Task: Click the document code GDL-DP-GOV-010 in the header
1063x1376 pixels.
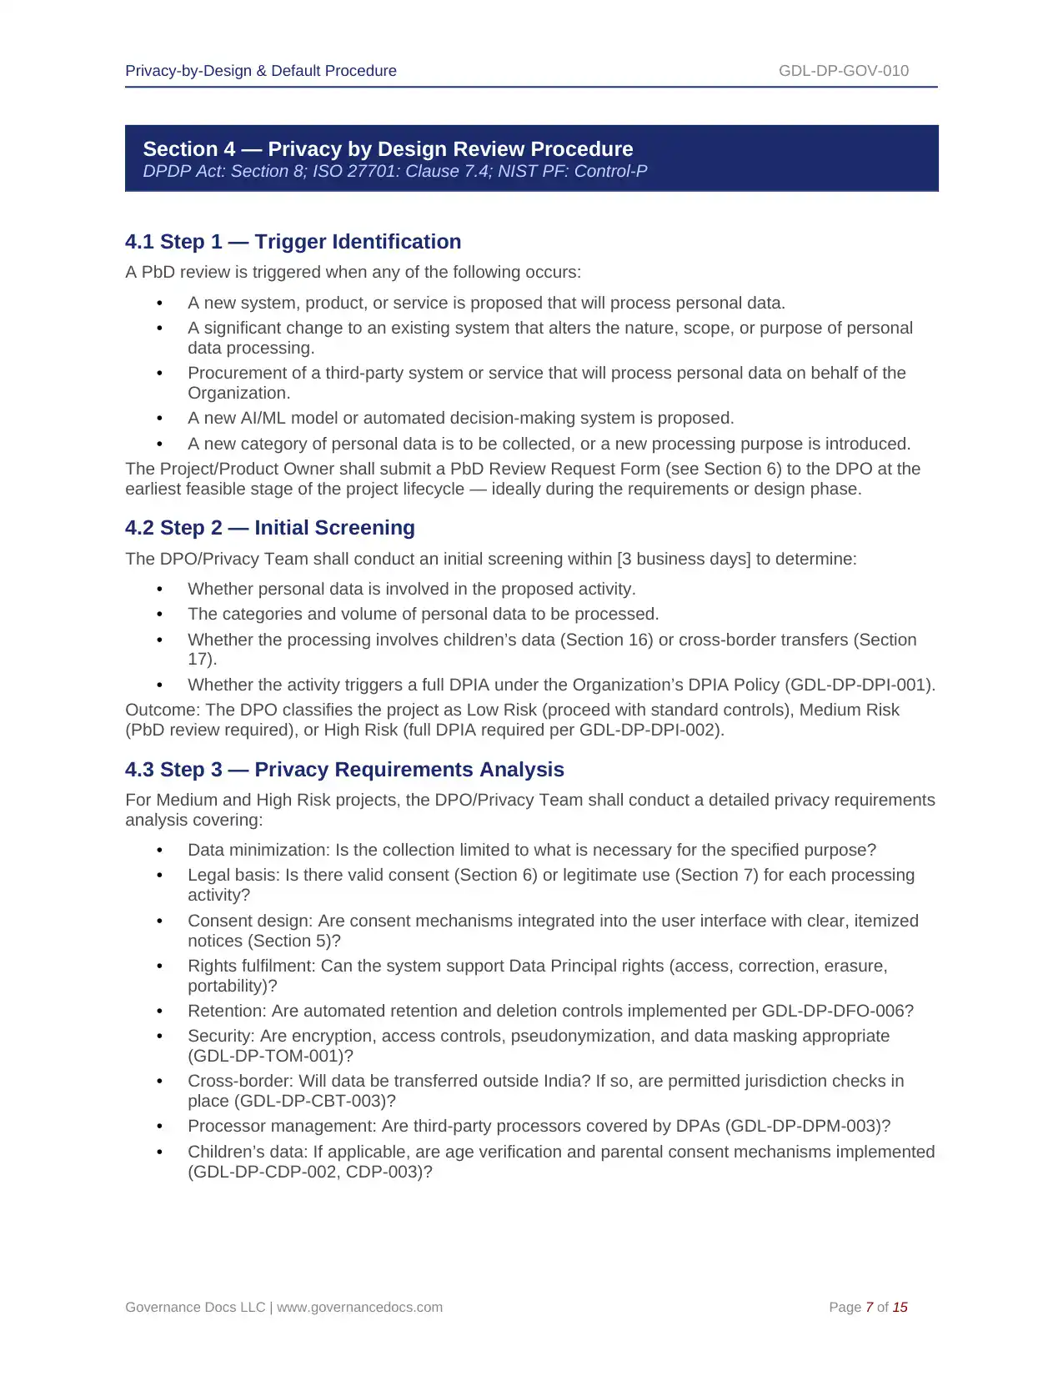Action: (843, 71)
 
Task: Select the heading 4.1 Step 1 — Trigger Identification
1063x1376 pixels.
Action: (293, 242)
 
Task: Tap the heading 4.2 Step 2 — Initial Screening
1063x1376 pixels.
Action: (269, 528)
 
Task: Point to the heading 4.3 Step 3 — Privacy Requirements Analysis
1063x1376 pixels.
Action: (344, 770)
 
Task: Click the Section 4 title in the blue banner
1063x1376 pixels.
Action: (388, 149)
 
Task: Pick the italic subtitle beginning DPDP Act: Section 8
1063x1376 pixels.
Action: (394, 172)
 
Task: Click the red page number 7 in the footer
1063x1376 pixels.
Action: (869, 1308)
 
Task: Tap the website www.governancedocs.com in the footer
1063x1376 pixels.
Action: (359, 1308)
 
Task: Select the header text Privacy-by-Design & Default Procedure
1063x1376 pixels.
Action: (261, 71)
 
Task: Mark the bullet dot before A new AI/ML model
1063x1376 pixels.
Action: (159, 419)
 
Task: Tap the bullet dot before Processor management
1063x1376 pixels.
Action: (159, 1127)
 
